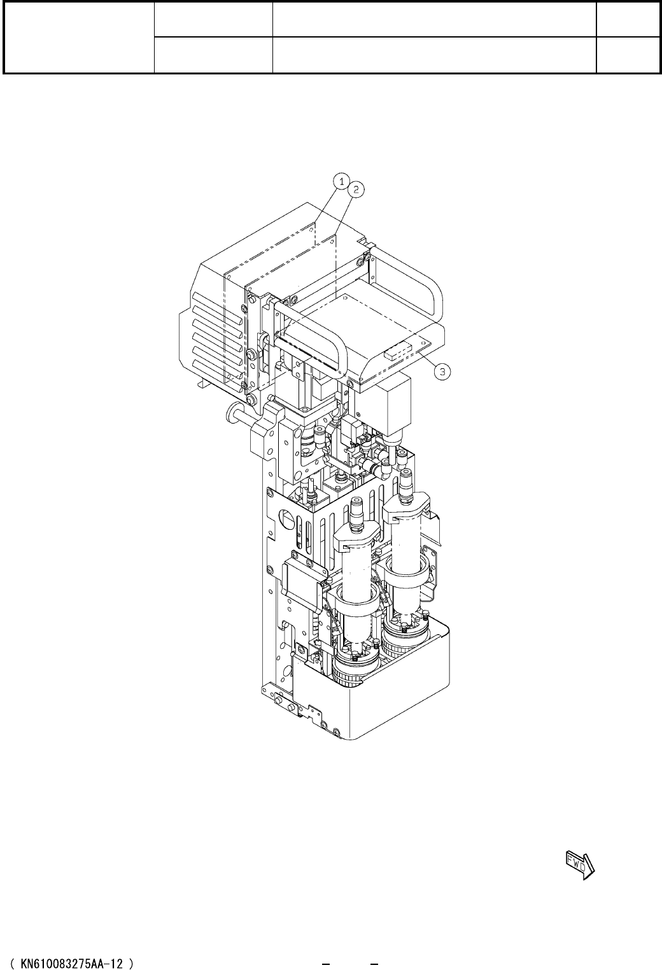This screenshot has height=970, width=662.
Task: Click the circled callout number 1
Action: (341, 181)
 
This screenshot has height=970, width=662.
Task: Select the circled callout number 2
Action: (356, 190)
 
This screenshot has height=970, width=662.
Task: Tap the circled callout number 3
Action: (442, 371)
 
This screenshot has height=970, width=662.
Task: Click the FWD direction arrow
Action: (581, 865)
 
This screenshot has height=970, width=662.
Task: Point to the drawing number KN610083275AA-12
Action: (71, 964)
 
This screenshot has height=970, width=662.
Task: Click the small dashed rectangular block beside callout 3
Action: (397, 350)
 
